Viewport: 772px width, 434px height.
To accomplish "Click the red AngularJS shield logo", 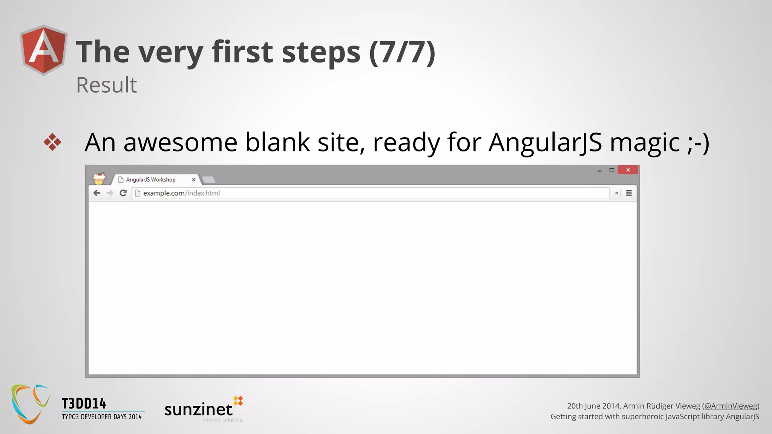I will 44,50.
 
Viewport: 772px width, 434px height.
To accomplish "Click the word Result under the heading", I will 106,85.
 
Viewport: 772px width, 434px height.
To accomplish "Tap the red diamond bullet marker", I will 52,142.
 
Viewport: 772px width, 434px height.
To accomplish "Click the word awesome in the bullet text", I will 180,142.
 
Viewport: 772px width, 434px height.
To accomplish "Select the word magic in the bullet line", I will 645,142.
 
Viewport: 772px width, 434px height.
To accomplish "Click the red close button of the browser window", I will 628,170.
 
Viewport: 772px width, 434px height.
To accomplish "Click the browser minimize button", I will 599,170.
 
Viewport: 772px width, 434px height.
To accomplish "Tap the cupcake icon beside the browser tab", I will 99,178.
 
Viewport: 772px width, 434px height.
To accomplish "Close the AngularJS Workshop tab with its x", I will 193,180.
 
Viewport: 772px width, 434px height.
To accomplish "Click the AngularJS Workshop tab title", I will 150,180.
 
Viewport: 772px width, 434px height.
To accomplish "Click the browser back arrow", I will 97,193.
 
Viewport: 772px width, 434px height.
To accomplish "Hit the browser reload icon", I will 123,193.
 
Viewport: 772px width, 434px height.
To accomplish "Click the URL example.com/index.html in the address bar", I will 181,193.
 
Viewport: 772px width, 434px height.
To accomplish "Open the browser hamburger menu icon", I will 629,193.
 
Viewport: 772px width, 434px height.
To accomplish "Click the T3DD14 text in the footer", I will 84,403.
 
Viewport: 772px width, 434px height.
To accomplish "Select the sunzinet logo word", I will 198,410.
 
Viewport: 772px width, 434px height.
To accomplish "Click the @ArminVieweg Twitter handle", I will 731,406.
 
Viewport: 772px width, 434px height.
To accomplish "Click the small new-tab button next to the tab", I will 208,180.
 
